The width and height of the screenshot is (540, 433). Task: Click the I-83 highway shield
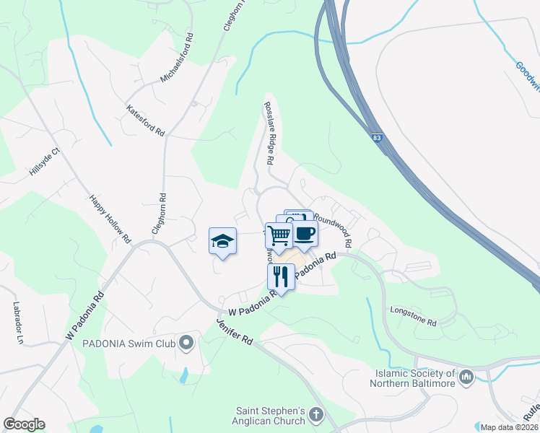pyautogui.click(x=378, y=137)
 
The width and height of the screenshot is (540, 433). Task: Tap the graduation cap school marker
pyautogui.click(x=223, y=242)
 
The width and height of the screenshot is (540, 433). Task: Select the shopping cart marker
pyautogui.click(x=279, y=235)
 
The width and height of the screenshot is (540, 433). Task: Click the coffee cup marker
pyautogui.click(x=305, y=233)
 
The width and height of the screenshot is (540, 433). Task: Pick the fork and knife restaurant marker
pyautogui.click(x=281, y=276)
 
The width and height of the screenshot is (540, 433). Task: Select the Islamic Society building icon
pyautogui.click(x=466, y=376)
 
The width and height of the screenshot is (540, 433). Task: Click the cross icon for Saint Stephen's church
pyautogui.click(x=315, y=415)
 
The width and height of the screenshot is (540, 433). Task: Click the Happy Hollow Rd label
pyautogui.click(x=110, y=218)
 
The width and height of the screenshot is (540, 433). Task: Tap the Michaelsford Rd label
pyautogui.click(x=176, y=57)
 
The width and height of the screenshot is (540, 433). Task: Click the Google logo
pyautogui.click(x=25, y=424)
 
